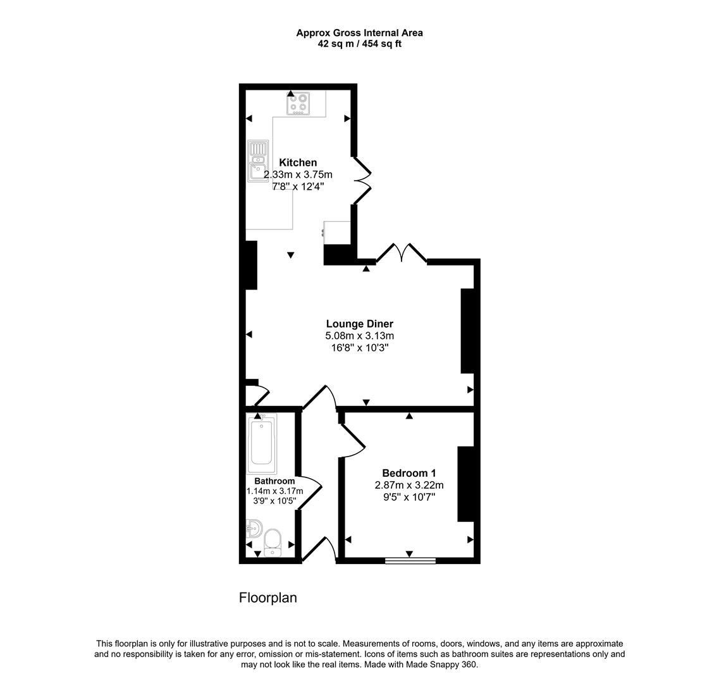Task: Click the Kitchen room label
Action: (x=298, y=163)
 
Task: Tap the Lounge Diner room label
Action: (x=359, y=324)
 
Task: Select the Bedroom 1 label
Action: (x=409, y=473)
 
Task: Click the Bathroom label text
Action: (x=274, y=481)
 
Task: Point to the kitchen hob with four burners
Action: (x=298, y=103)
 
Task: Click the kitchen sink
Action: (x=258, y=161)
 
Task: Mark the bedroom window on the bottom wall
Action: (x=410, y=560)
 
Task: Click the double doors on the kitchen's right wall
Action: (x=362, y=180)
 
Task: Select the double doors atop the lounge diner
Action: (x=402, y=253)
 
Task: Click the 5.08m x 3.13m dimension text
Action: (x=359, y=336)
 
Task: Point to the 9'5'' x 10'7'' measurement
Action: (x=409, y=497)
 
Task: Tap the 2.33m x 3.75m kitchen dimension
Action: (x=298, y=175)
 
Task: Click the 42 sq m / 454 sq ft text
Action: (x=359, y=44)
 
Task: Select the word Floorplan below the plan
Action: (x=267, y=598)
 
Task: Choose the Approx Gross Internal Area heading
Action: (x=359, y=33)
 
